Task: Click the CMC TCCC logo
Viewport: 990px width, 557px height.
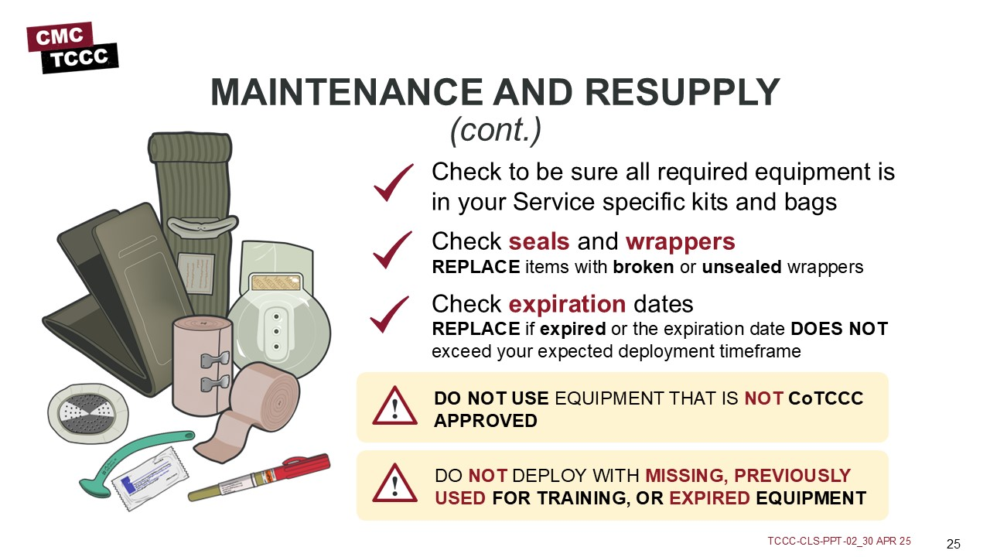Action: (73, 48)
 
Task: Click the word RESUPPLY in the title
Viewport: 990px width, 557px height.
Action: (682, 92)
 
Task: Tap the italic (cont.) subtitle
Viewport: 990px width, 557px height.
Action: (496, 130)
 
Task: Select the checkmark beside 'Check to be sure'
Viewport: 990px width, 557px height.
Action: (394, 183)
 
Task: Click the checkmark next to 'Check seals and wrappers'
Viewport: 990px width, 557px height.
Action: (392, 250)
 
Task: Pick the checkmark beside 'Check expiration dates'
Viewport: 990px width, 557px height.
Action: (390, 314)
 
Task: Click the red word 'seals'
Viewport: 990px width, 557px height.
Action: (539, 241)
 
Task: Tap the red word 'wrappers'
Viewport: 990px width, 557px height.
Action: (680, 242)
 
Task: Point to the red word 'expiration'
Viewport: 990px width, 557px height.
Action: (567, 305)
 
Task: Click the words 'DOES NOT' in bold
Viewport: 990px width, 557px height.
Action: (839, 329)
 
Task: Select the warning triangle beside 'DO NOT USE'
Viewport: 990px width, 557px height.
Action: (394, 406)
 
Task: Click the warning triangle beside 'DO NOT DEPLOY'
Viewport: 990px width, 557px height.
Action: (394, 484)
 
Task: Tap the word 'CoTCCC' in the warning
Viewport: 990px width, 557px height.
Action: (825, 398)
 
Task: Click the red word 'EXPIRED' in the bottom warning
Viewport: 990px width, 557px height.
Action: (709, 498)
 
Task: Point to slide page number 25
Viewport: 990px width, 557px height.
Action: (954, 544)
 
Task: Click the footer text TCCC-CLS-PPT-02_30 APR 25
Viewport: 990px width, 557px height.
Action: (839, 541)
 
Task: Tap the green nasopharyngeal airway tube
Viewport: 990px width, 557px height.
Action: (132, 456)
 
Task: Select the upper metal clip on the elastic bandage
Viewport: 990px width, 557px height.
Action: (215, 359)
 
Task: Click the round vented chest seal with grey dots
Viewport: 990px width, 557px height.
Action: (88, 413)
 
